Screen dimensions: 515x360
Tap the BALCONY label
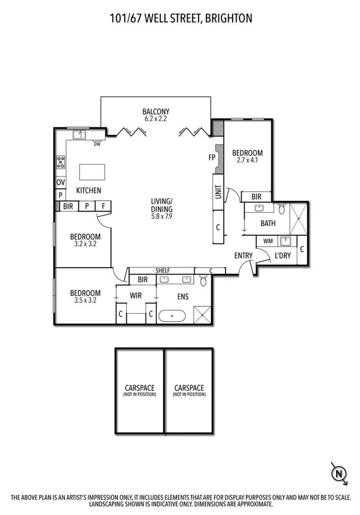pyautogui.click(x=156, y=111)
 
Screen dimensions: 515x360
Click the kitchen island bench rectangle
pyautogui.click(x=92, y=172)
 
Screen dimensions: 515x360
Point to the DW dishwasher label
pyautogui.click(x=97, y=143)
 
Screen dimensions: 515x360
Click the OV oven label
pyautogui.click(x=60, y=182)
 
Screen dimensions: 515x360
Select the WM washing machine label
pyautogui.click(x=268, y=241)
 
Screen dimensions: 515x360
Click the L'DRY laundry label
pyautogui.click(x=283, y=256)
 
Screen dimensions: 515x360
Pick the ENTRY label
pyautogui.click(x=243, y=256)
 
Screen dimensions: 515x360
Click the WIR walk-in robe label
pyautogui.click(x=135, y=296)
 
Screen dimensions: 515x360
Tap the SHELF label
pyautogui.click(x=163, y=270)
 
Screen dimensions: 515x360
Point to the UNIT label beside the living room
pyautogui.click(x=218, y=193)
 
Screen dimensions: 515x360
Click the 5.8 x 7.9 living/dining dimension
pyautogui.click(x=162, y=216)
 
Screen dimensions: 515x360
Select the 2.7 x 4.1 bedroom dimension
pyautogui.click(x=247, y=160)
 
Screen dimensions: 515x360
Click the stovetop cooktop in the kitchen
pyautogui.click(x=60, y=163)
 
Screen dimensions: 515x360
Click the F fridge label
pyautogui.click(x=104, y=206)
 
